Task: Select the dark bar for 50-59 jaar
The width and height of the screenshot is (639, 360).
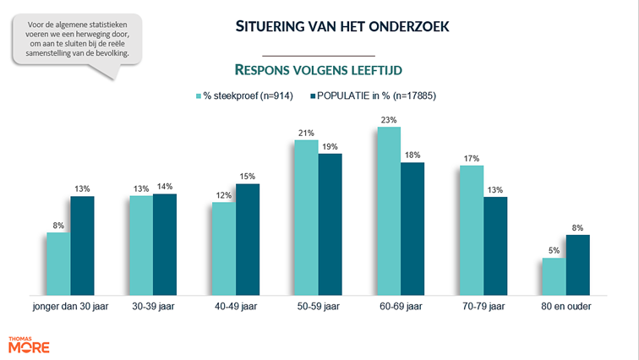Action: [x=330, y=224]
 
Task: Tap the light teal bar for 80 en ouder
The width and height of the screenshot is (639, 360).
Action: [x=554, y=276]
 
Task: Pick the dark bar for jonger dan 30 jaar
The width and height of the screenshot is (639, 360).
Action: [x=82, y=245]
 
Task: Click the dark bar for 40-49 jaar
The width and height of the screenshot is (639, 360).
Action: [x=248, y=239]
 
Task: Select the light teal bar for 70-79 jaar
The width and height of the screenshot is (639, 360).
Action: [x=472, y=230]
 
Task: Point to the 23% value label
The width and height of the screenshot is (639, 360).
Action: [x=389, y=121]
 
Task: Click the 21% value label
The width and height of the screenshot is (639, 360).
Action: [x=306, y=134]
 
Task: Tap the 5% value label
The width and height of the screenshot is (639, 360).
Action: [x=554, y=252]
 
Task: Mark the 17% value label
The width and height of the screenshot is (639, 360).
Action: [x=472, y=159]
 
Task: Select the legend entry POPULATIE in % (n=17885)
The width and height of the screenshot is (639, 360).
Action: [x=376, y=96]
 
